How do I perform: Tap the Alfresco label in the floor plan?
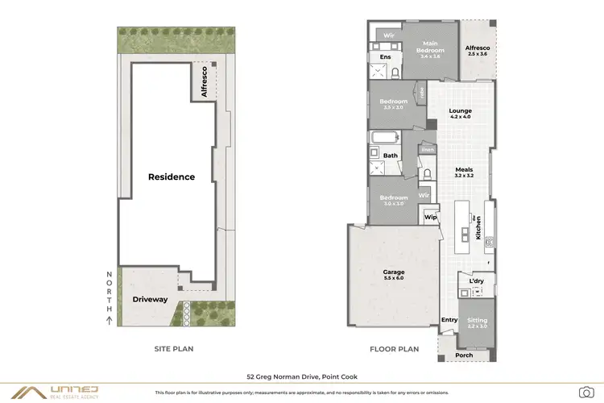coord(477,49)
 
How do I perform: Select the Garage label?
coord(393,273)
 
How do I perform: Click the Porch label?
coord(465,355)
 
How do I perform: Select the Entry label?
coord(449,320)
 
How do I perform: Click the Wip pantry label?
coord(430,217)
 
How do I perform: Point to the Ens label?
coord(386,57)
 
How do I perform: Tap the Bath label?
coord(390,156)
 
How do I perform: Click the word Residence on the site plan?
coord(171,177)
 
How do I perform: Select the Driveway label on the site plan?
coord(150,299)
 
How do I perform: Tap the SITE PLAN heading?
coord(173,349)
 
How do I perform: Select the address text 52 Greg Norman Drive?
coord(302,376)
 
